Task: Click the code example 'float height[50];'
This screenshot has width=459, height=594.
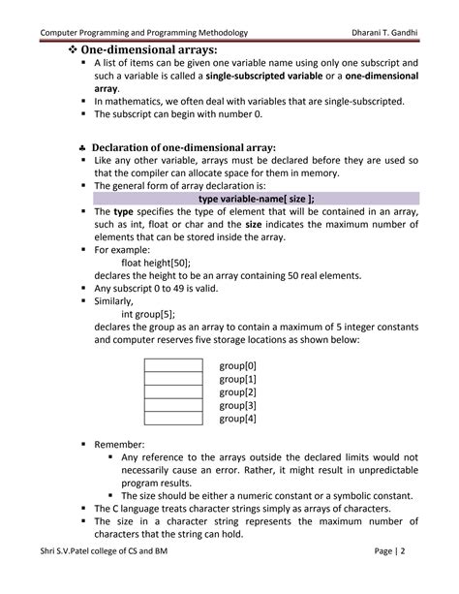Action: pos(156,262)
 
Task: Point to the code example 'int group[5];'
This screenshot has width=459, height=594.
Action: pos(148,314)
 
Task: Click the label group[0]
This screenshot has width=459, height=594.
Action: pos(238,366)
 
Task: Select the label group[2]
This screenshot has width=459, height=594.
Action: pos(238,392)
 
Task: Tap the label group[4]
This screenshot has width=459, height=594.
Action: pos(238,419)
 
